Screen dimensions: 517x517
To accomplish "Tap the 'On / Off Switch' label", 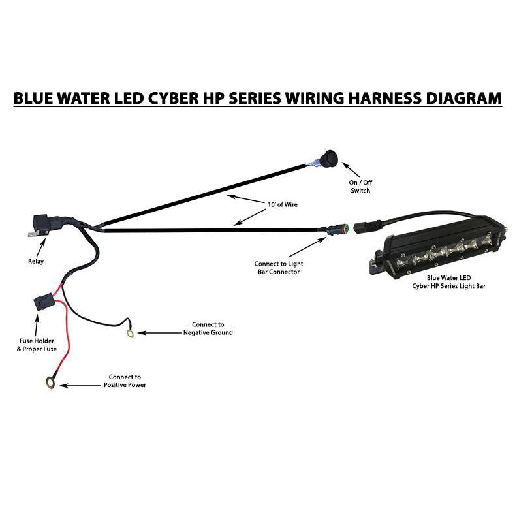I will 360,186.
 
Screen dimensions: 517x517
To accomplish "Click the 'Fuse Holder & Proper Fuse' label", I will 36,344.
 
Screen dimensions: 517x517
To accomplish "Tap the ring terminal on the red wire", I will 50,383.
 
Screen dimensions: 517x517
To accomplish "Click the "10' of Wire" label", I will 282,205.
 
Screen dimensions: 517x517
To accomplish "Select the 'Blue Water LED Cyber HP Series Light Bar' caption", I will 448,281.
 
